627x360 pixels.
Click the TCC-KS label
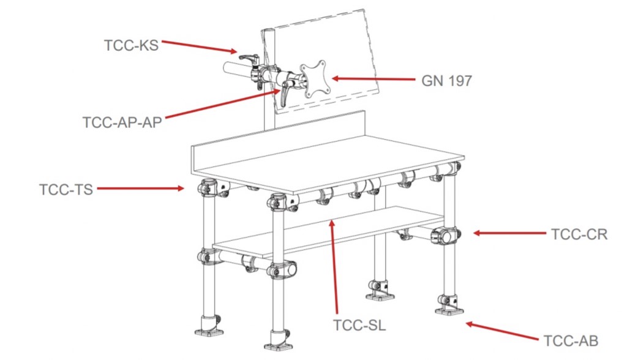pyautogui.click(x=131, y=45)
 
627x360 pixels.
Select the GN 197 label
pyautogui.click(x=446, y=81)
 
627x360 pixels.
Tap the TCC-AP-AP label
pyautogui.click(x=122, y=122)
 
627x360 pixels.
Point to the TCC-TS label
pyautogui.click(x=66, y=189)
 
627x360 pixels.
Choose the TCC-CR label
pyautogui.click(x=579, y=234)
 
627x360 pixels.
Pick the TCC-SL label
pyautogui.click(x=359, y=325)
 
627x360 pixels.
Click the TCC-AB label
pyautogui.click(x=571, y=341)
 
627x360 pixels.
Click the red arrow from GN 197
pyautogui.click(x=374, y=79)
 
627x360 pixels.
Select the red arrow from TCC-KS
pyautogui.click(x=200, y=47)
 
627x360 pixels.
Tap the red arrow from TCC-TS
pyautogui.click(x=140, y=188)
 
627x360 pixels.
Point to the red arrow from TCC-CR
pyautogui.click(x=509, y=233)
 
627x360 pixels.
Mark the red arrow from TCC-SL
pyautogui.click(x=334, y=266)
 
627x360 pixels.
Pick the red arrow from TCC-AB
pyautogui.click(x=502, y=331)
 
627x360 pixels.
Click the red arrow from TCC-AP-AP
pyautogui.click(x=223, y=103)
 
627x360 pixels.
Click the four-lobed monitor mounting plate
pyautogui.click(x=315, y=79)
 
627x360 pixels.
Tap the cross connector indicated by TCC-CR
pyautogui.click(x=445, y=236)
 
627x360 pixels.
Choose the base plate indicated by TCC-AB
pyautogui.click(x=449, y=310)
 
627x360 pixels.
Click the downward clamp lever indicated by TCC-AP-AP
pyautogui.click(x=284, y=94)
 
